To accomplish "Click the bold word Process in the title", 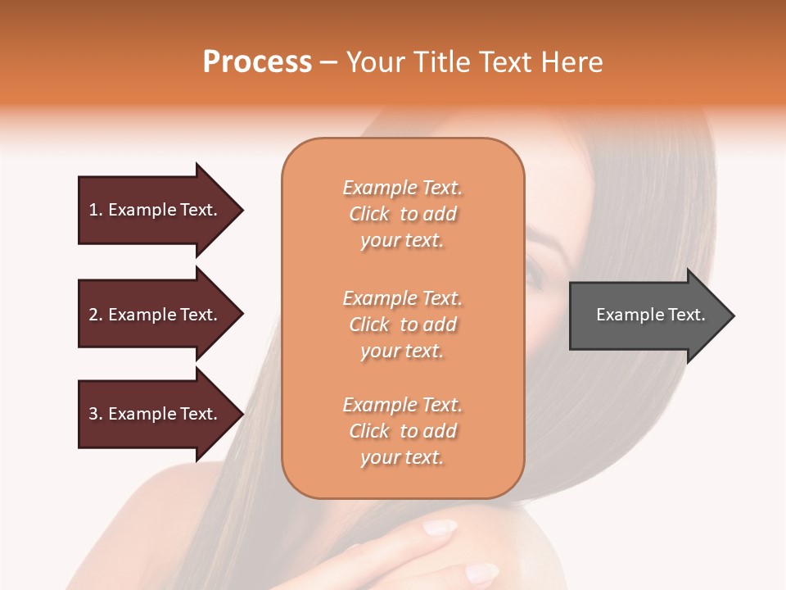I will (x=257, y=62).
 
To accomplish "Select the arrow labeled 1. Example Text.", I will (x=156, y=210).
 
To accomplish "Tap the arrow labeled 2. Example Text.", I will (x=156, y=315).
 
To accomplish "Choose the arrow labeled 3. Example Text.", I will (x=156, y=414).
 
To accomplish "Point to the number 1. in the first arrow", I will (x=96, y=210).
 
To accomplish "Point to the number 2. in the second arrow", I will (x=96, y=315).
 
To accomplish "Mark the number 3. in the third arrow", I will (x=96, y=414).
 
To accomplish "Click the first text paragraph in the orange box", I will (x=402, y=214).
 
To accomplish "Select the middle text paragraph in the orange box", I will (x=402, y=324).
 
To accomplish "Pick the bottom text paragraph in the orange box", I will (x=402, y=431).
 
